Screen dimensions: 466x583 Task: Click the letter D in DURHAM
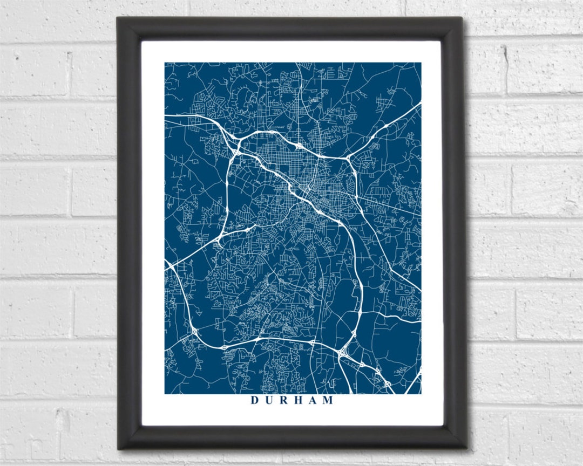(x=254, y=401)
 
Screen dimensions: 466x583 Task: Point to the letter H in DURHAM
(x=298, y=401)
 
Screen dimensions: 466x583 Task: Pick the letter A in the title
(x=313, y=401)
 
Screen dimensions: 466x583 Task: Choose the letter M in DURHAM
(x=328, y=401)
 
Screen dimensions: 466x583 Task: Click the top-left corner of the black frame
(x=118, y=18)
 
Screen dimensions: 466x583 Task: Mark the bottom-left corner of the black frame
(x=118, y=448)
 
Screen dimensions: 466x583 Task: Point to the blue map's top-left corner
(x=165, y=63)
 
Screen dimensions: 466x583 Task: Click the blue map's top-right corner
(x=421, y=63)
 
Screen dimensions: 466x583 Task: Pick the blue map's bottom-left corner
(x=165, y=394)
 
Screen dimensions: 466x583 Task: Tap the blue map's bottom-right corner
(x=421, y=394)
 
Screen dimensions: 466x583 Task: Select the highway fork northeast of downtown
(x=349, y=157)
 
